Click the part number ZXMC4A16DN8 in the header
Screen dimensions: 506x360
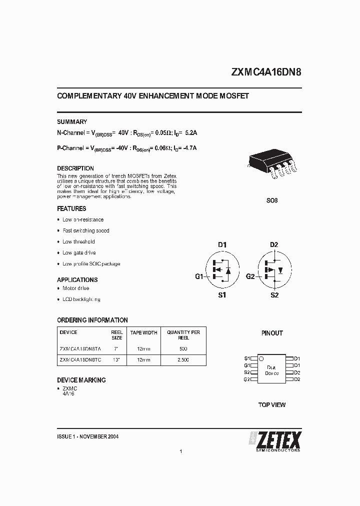pos(266,71)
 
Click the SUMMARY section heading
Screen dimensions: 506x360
pos(72,122)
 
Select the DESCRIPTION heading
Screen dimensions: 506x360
pos(75,168)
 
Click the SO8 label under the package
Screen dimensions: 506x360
pos(272,200)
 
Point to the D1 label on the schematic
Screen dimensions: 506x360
pos(222,244)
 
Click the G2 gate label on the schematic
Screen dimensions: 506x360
pos(250,276)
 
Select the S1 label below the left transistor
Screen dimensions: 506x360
pos(222,295)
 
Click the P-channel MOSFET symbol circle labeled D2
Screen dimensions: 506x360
pos(273,270)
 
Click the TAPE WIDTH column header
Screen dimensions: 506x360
pos(144,332)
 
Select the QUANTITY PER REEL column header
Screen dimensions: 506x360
pos(183,335)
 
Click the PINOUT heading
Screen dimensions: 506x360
pos(272,333)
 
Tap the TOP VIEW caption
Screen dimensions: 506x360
pos(272,404)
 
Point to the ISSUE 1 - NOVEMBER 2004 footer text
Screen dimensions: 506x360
pos(87,436)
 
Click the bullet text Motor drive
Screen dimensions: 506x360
pos(75,288)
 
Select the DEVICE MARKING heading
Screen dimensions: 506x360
pos(81,380)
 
